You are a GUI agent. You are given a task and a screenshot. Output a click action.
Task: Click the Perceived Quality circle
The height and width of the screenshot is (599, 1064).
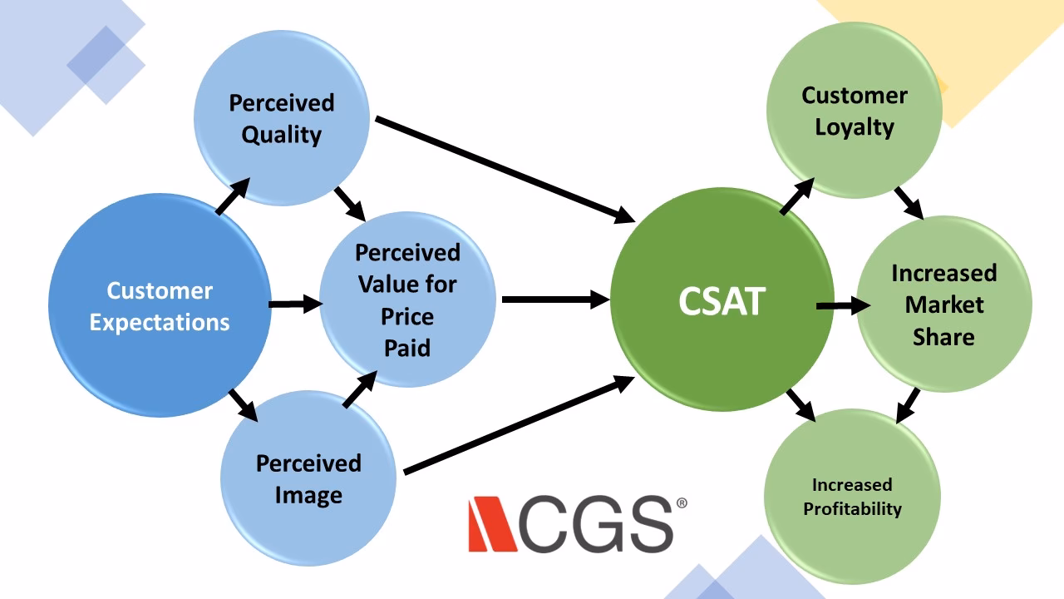pyautogui.click(x=282, y=119)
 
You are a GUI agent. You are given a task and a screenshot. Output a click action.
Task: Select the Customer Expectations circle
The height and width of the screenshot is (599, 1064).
pyautogui.click(x=160, y=306)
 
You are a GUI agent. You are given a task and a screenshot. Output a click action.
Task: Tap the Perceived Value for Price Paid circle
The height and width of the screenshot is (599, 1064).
pyautogui.click(x=407, y=299)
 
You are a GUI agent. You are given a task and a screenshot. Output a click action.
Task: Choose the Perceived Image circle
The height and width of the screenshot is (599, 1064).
pyautogui.click(x=308, y=478)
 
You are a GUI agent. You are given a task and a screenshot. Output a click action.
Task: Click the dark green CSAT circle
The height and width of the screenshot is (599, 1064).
pyautogui.click(x=722, y=300)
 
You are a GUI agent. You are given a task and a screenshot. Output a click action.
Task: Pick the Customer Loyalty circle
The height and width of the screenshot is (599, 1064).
pyautogui.click(x=854, y=111)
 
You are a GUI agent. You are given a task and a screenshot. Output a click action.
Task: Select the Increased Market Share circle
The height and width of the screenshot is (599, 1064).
pyautogui.click(x=943, y=304)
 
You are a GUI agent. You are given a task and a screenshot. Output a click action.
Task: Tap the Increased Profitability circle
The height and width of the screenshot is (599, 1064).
pyautogui.click(x=852, y=497)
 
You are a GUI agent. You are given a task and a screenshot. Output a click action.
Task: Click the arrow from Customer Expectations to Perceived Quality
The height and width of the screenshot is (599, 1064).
pyautogui.click(x=233, y=197)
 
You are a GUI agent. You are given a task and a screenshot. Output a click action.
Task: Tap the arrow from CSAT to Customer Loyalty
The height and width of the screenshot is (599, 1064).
pyautogui.click(x=797, y=197)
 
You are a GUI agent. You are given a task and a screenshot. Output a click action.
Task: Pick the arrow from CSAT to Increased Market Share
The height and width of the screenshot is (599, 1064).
pyautogui.click(x=843, y=306)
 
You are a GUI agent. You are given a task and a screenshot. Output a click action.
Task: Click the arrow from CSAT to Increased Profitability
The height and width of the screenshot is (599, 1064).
pyautogui.click(x=800, y=404)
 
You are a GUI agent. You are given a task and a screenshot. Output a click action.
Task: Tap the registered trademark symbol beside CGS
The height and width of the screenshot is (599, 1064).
pyautogui.click(x=682, y=503)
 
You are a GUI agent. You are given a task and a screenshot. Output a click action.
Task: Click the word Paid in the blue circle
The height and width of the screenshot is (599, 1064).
pyautogui.click(x=407, y=348)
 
